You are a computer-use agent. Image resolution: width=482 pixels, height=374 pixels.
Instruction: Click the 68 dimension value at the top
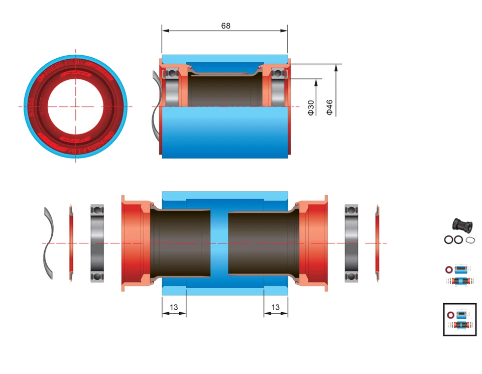(x=225, y=26)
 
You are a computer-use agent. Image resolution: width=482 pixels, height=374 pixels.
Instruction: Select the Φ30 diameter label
(x=311, y=107)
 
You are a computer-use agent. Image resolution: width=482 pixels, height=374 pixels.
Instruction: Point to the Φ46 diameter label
(x=330, y=107)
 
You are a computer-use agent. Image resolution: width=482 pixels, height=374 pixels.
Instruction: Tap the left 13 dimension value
(x=174, y=307)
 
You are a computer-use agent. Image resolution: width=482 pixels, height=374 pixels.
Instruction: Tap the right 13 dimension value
(x=275, y=307)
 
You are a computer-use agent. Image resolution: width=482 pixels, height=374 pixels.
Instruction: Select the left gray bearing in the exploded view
(x=97, y=243)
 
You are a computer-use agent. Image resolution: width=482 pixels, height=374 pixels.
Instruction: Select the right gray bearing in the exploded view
(x=351, y=243)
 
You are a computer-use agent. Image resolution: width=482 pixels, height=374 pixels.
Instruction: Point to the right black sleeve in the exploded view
(x=259, y=243)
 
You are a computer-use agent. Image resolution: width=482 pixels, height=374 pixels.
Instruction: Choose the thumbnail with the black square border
(x=459, y=319)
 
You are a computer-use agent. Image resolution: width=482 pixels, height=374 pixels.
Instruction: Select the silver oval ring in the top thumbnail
(x=470, y=240)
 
